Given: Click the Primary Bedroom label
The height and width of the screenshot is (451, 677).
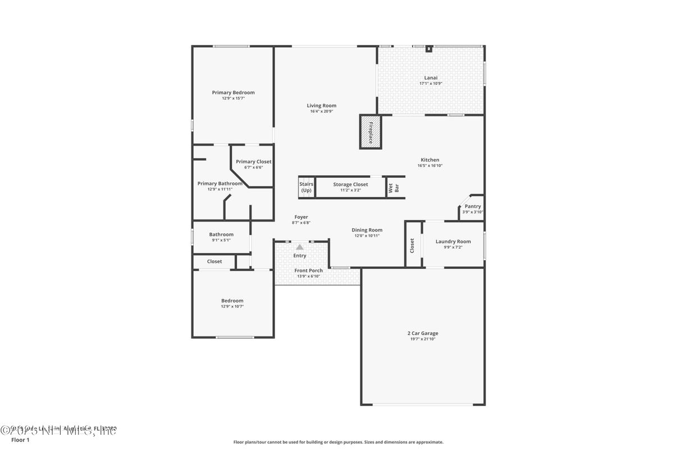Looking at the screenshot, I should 233,93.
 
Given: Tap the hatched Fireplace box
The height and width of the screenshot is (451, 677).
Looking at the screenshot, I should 370,132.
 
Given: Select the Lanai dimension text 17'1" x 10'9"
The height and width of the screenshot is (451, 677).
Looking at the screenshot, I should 431,84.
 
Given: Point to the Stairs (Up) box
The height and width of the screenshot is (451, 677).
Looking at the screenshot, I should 306,187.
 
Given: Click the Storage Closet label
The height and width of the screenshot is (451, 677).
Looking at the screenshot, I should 350,184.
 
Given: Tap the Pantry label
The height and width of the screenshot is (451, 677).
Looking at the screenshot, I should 473,206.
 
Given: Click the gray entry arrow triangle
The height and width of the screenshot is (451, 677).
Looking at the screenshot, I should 300,247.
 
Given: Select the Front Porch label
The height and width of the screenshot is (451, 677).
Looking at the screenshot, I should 309,270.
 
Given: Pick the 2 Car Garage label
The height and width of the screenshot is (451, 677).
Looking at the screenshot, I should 423,333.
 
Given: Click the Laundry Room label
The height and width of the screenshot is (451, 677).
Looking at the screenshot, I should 453,242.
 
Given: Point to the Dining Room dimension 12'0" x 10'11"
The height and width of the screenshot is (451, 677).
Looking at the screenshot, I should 367,236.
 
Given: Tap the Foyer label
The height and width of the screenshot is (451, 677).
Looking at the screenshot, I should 301,217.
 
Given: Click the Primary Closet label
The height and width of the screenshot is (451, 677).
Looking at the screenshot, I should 253,162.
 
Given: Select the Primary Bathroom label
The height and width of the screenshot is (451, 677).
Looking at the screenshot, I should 219,183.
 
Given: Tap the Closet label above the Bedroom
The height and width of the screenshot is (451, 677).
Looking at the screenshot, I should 214,261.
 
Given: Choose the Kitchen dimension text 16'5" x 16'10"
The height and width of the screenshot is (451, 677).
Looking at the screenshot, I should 430,165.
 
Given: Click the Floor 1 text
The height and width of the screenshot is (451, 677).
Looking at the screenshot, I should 20,440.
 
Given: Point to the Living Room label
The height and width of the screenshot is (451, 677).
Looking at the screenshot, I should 321,105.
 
